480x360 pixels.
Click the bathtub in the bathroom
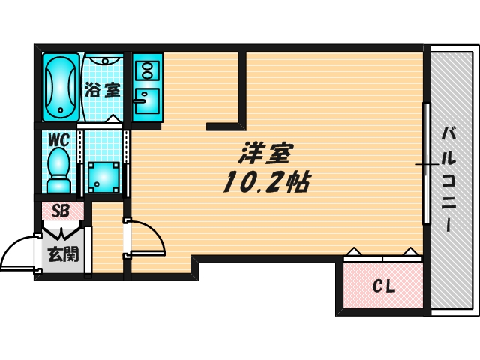coord(60,86)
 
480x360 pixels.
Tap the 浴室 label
coord(103,90)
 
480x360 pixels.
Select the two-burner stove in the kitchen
coord(146,70)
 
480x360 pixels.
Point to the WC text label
coord(58,139)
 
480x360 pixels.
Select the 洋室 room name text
coord(266,154)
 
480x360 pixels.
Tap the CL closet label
coord(383,286)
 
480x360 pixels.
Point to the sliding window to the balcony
coord(425,163)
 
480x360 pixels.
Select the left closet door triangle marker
coord(355,252)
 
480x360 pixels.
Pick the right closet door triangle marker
coord(409,252)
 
